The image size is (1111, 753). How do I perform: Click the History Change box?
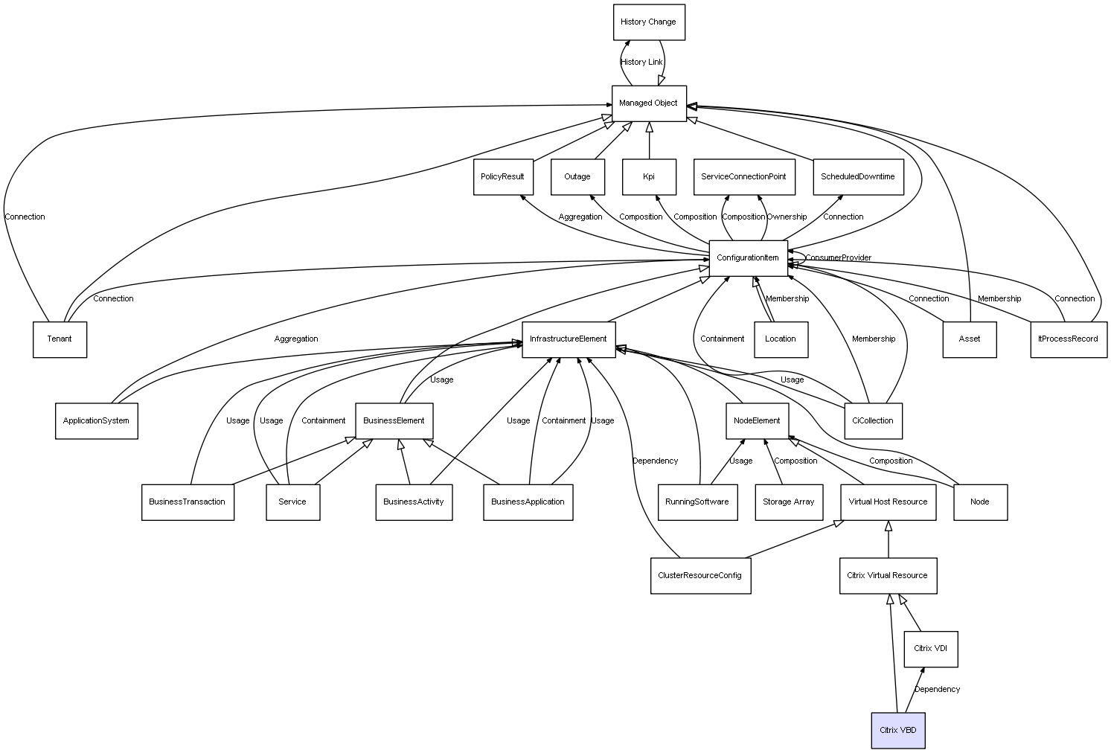coord(649,22)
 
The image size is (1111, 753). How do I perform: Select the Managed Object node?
coord(649,103)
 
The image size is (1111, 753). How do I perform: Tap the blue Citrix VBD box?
coord(897,730)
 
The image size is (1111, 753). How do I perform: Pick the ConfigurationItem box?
coord(748,258)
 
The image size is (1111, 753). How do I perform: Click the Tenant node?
coord(60,339)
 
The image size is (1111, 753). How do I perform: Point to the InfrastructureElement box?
coord(569,339)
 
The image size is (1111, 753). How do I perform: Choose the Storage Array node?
coord(789,502)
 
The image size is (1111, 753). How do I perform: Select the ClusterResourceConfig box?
coord(700,575)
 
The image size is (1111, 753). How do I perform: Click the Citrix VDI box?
coord(930,649)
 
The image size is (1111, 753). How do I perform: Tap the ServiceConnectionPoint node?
coord(744,176)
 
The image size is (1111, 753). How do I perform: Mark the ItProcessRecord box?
coord(1069,339)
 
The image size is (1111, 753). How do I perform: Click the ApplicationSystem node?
coord(96,420)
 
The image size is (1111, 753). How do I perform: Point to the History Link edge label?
coord(641,62)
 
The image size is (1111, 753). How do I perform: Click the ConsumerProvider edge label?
coord(838,258)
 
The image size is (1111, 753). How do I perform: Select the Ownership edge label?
coord(787,217)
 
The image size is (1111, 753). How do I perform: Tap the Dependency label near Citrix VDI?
coord(937,689)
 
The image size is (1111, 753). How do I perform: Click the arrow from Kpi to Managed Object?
coord(649,141)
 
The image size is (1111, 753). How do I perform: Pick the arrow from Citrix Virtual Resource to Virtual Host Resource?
coord(889,539)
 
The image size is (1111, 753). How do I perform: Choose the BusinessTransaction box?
coord(188,502)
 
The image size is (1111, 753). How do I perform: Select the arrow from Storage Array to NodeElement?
coord(772,462)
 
